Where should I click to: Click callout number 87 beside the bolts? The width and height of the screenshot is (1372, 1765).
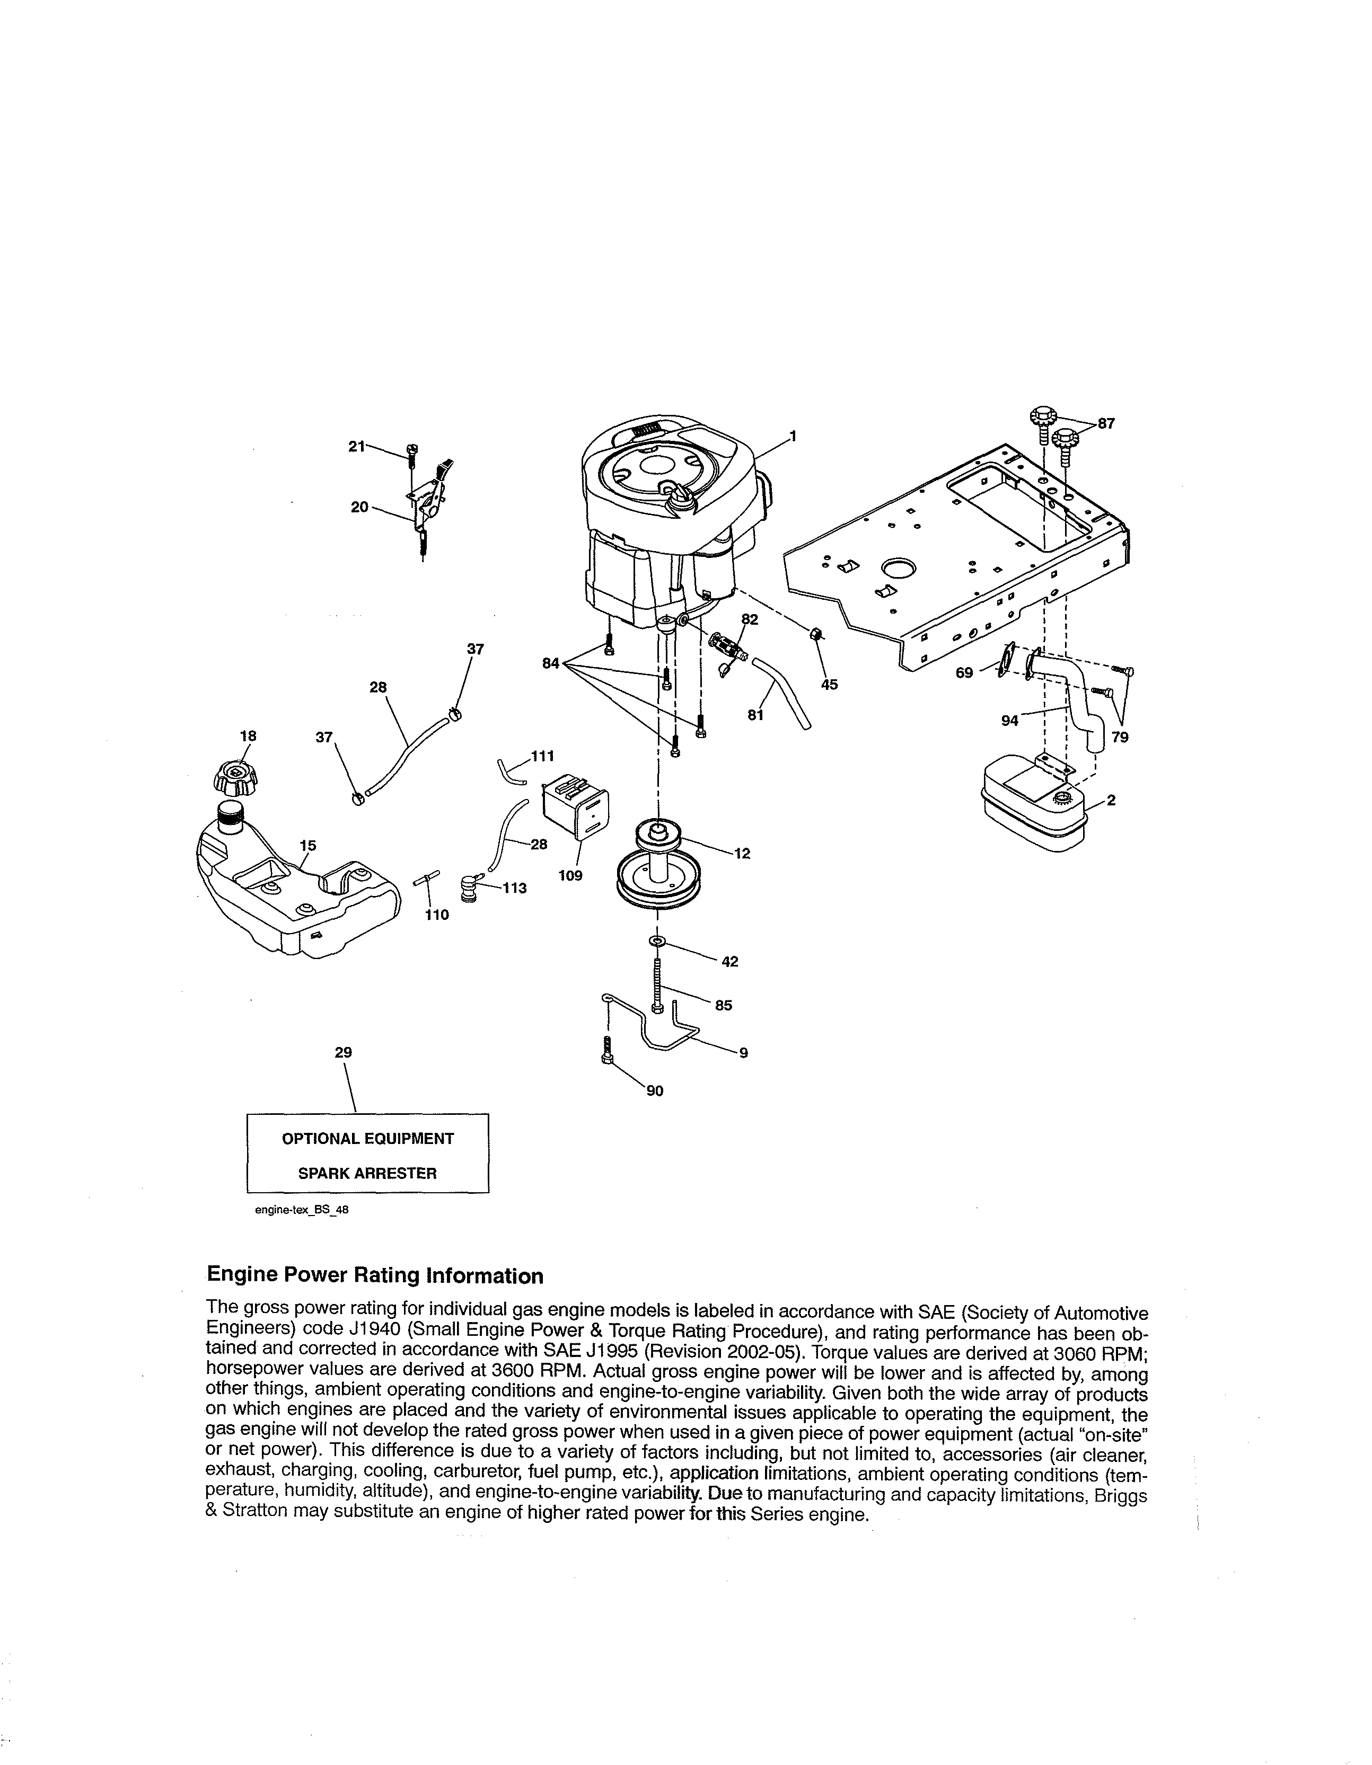pos(1105,422)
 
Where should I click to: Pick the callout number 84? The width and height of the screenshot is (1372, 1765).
pos(552,663)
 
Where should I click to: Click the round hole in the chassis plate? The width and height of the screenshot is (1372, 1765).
pos(898,569)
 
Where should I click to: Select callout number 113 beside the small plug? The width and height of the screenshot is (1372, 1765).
pos(514,888)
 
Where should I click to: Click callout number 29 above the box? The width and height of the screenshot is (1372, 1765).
pos(343,1052)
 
